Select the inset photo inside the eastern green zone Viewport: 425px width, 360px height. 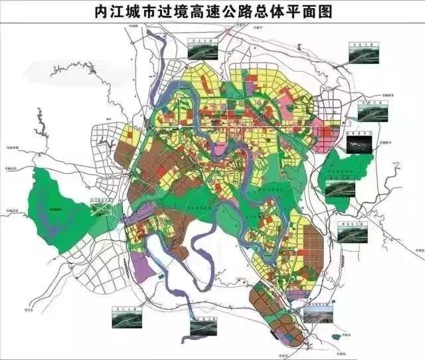pos(339,187)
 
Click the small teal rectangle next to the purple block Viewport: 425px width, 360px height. pos(160,273)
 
